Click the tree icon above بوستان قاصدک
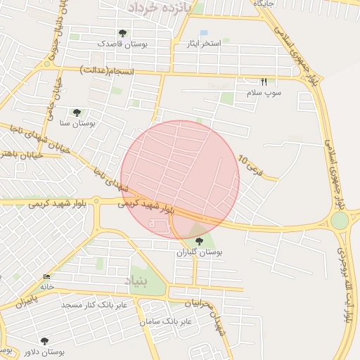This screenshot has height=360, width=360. click(x=123, y=33)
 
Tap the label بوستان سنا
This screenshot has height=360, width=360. click(x=79, y=123)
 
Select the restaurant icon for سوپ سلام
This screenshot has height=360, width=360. click(x=264, y=82)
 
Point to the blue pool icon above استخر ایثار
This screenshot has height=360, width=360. click(x=204, y=33)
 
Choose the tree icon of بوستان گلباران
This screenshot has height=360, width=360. click(x=201, y=241)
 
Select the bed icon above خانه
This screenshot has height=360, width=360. click(x=47, y=276)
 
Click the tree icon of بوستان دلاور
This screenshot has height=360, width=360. click(x=44, y=341)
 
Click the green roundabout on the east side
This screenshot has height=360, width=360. click(x=340, y=221)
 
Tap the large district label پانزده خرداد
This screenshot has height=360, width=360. click(x=161, y=6)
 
